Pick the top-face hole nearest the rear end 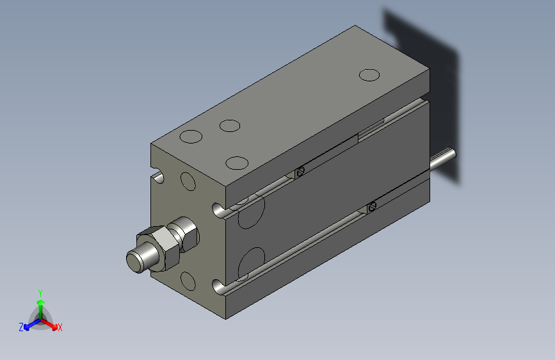369,75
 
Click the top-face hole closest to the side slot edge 237,163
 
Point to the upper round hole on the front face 188,181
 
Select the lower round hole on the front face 188,281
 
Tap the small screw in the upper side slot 300,172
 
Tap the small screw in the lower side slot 372,206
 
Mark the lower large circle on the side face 252,263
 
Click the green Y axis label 40,291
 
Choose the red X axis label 60,328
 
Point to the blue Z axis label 20,327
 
